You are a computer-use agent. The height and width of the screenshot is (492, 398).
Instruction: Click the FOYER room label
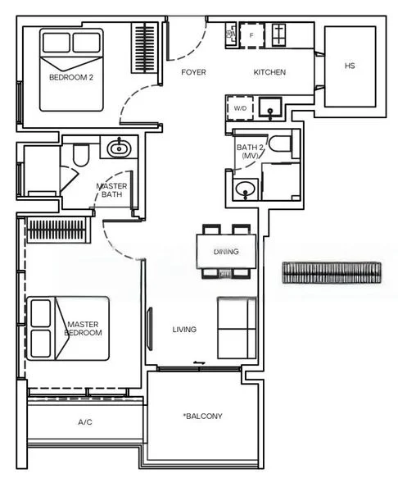[x=193, y=72]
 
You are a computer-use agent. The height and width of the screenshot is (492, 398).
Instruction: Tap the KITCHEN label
[x=269, y=72]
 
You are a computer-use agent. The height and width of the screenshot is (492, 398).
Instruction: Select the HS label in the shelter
[x=350, y=66]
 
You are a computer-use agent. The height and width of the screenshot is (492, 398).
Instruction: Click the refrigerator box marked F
[x=251, y=35]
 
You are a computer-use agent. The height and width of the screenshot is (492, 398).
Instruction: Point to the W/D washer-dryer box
[x=240, y=108]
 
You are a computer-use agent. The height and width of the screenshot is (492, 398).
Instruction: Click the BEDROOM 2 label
[x=71, y=77]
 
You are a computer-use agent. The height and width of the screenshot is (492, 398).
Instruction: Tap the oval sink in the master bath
[x=119, y=148]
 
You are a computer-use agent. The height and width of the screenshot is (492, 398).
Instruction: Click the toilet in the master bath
[x=80, y=155]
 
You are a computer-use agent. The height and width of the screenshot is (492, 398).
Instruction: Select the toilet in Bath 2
[x=280, y=143]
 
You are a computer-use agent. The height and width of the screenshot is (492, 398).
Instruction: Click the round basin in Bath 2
[x=246, y=189]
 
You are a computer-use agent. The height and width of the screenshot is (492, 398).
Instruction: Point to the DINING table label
[x=226, y=252]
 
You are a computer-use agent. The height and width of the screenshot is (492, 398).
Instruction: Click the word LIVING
[x=184, y=330]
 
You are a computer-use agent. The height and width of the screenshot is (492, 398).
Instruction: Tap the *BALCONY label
[x=202, y=416]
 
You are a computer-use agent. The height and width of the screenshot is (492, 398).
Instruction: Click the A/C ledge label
[x=85, y=422]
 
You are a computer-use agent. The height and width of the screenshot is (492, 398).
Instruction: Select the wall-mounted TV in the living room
[x=150, y=329]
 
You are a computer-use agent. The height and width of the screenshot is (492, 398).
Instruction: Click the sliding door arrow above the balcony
[x=199, y=362]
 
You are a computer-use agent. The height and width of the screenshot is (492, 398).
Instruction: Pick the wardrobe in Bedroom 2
[x=144, y=48]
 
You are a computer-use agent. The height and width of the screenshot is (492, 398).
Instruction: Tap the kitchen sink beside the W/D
[x=270, y=107]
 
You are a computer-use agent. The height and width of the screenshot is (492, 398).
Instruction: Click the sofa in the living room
[x=237, y=328]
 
